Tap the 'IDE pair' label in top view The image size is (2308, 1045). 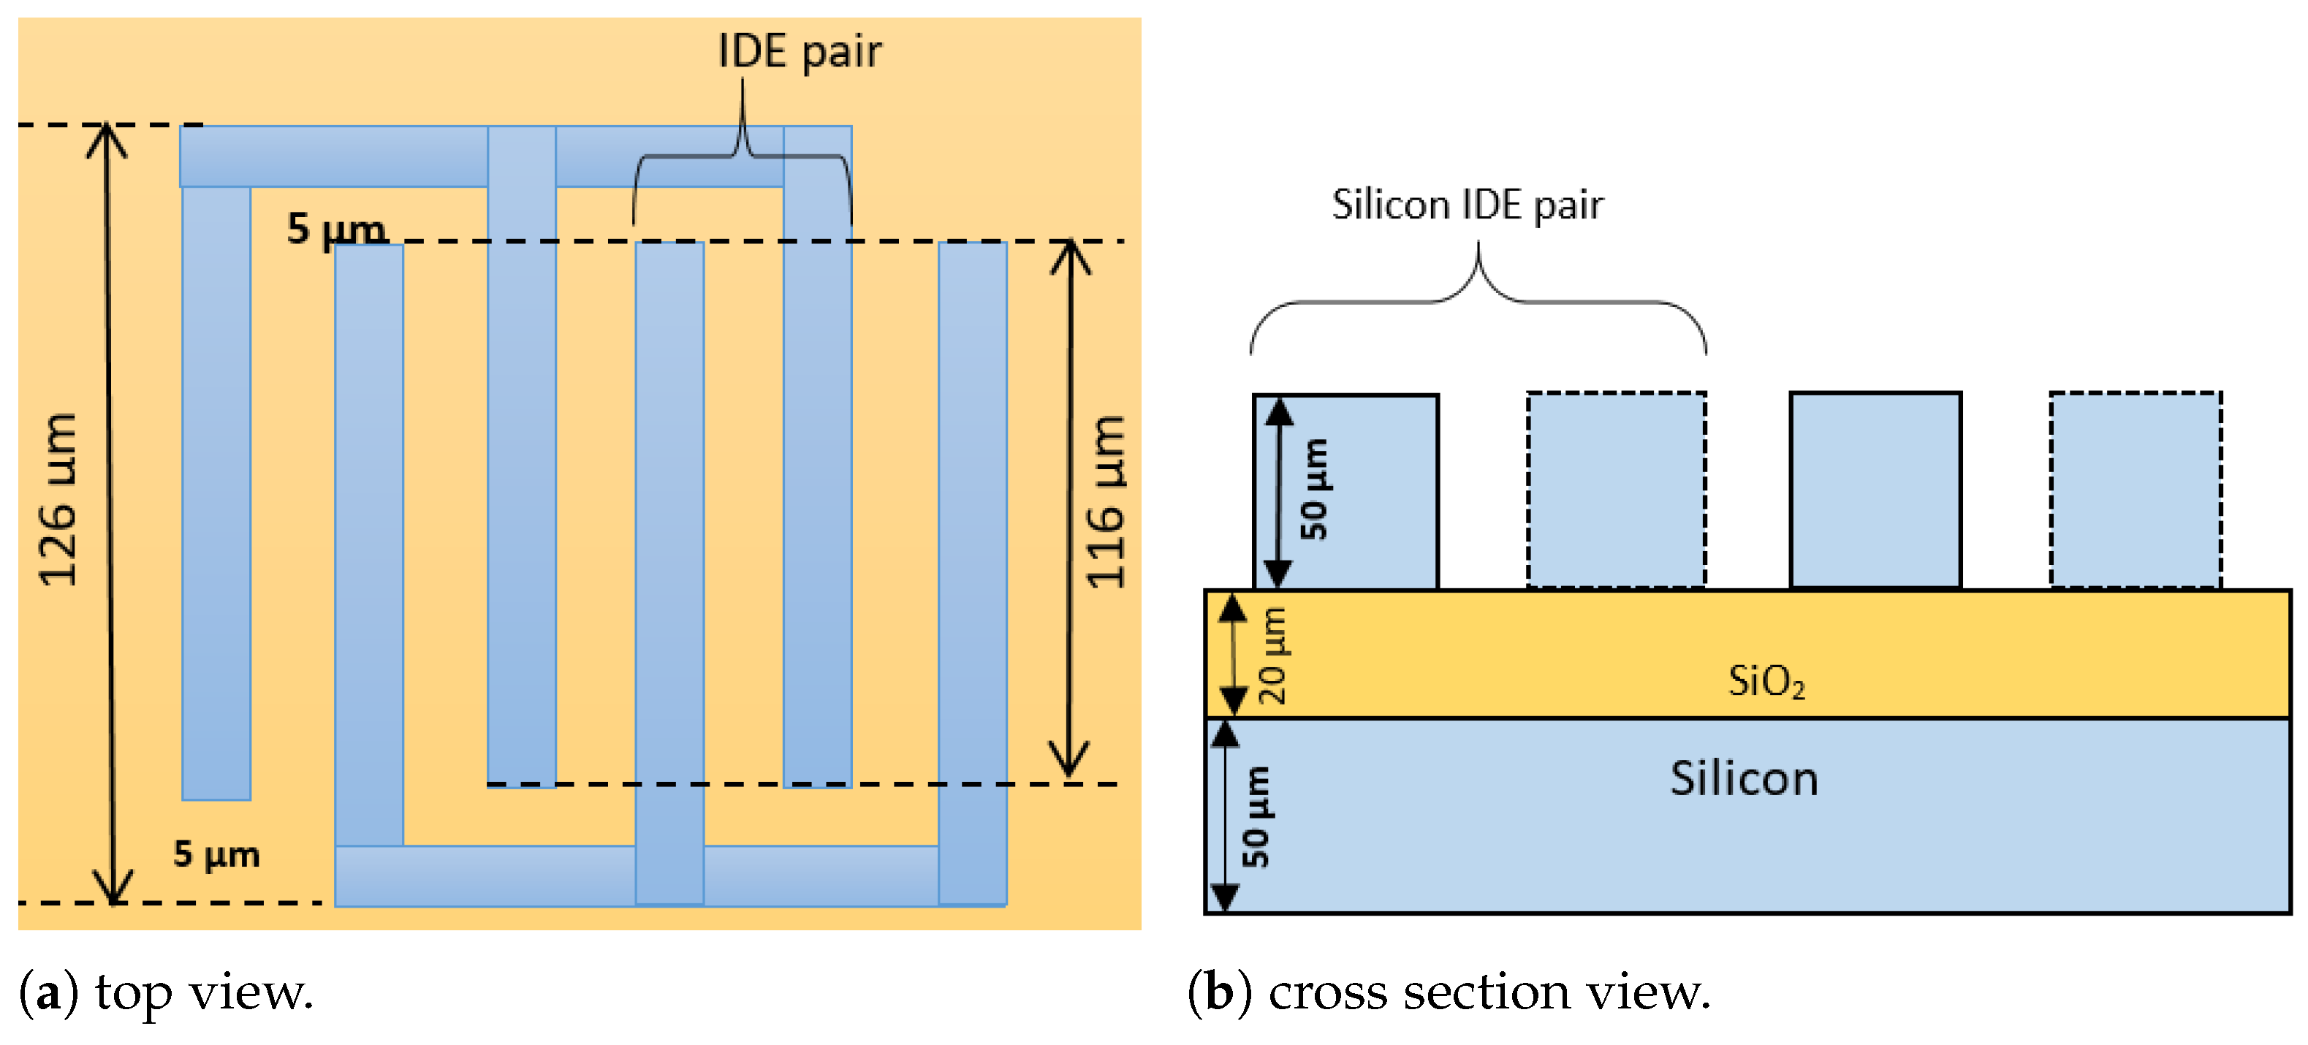pos(800,51)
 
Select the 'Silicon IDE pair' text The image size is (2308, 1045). pos(1467,205)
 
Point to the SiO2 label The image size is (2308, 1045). pos(1766,681)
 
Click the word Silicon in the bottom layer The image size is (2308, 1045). pos(1744,778)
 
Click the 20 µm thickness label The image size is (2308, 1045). pos(1273,656)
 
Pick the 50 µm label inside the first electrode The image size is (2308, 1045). pos(1314,490)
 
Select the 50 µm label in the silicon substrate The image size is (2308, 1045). pos(1256,817)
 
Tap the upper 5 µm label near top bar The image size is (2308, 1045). pos(336,229)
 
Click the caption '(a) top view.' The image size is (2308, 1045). pos(167,993)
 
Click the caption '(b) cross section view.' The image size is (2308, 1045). pos(1449,993)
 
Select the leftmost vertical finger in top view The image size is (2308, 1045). pos(216,493)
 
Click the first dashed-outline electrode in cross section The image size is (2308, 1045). pos(1615,490)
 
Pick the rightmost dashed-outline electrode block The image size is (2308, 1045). pos(2135,490)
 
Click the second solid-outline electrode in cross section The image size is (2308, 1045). pos(1875,490)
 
